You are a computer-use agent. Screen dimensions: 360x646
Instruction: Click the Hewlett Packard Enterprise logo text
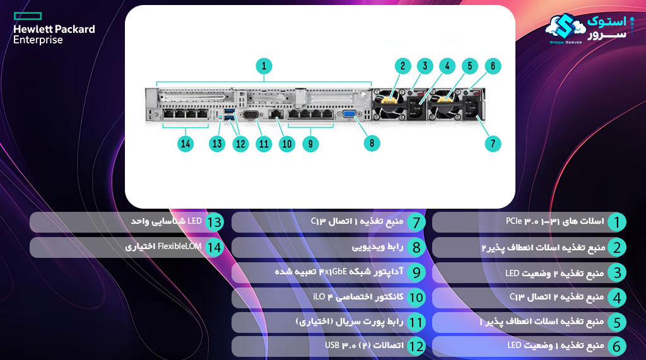[x=54, y=34]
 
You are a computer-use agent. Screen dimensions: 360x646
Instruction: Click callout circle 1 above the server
[x=264, y=65]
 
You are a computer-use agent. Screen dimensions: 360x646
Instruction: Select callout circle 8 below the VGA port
[x=372, y=143]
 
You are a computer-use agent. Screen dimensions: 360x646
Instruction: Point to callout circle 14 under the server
[x=185, y=143]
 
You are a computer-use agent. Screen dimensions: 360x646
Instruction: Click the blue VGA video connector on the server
[x=349, y=115]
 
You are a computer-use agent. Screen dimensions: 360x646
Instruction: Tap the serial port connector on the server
[x=250, y=115]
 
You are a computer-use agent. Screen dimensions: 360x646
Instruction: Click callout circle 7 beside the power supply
[x=493, y=143]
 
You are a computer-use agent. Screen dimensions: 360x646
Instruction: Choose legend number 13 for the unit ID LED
[x=214, y=222]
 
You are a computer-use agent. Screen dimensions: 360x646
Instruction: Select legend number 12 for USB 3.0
[x=416, y=346]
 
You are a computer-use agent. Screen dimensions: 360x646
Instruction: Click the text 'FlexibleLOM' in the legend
[x=180, y=247]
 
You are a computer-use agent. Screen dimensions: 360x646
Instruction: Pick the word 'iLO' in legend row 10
[x=320, y=296]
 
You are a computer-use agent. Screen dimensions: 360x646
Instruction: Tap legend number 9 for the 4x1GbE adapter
[x=416, y=272]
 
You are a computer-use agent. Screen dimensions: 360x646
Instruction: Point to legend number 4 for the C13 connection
[x=618, y=297]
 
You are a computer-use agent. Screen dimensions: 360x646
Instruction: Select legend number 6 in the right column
[x=618, y=346]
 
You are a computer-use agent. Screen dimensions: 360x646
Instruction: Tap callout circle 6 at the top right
[x=493, y=65]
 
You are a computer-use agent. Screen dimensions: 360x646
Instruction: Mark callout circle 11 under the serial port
[x=263, y=143]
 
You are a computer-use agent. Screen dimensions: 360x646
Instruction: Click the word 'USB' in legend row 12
[x=332, y=346]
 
